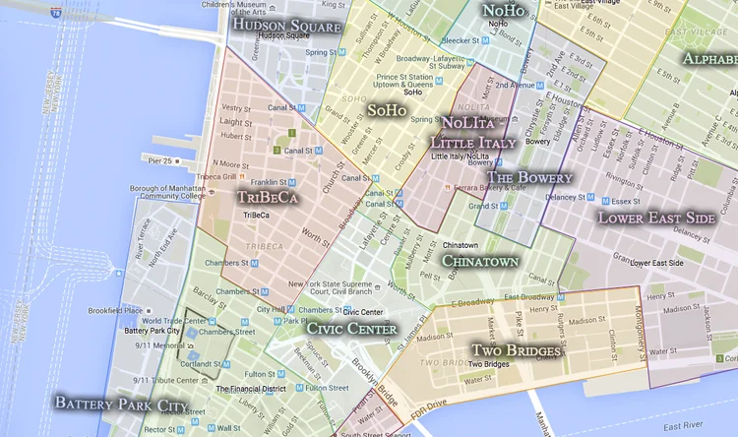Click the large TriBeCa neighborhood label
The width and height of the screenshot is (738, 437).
pyautogui.click(x=268, y=197)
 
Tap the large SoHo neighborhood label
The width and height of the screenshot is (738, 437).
pyautogui.click(x=386, y=110)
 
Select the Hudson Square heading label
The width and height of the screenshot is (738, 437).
pyautogui.click(x=288, y=26)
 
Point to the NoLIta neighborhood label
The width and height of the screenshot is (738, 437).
pyautogui.click(x=467, y=123)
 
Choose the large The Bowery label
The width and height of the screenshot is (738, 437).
pyautogui.click(x=529, y=177)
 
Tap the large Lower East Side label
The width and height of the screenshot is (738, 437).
pyautogui.click(x=656, y=217)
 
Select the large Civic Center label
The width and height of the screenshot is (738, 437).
pyautogui.click(x=351, y=329)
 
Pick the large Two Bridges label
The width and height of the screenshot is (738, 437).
pyautogui.click(x=517, y=350)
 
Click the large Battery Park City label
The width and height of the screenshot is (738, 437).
pyautogui.click(x=120, y=404)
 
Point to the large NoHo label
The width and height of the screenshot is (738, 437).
pyautogui.click(x=504, y=11)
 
